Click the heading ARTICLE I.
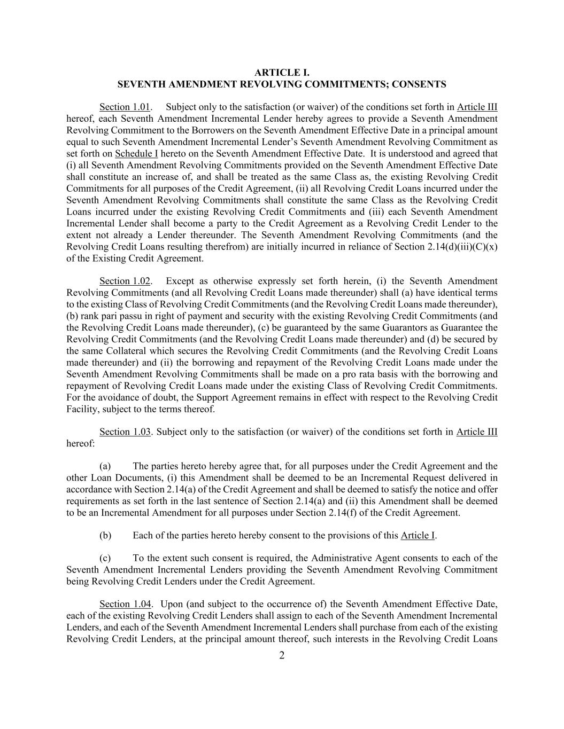[282, 73]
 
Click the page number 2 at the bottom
[282, 656]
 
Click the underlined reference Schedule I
[136, 154]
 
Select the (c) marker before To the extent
[105, 558]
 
